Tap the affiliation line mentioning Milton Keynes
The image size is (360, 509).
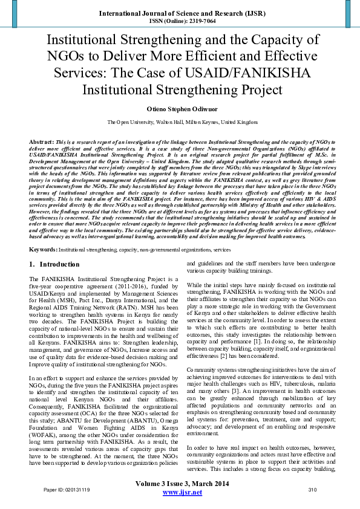(180, 122)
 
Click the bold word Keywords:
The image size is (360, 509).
(44, 248)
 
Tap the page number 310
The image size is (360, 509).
(312, 489)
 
